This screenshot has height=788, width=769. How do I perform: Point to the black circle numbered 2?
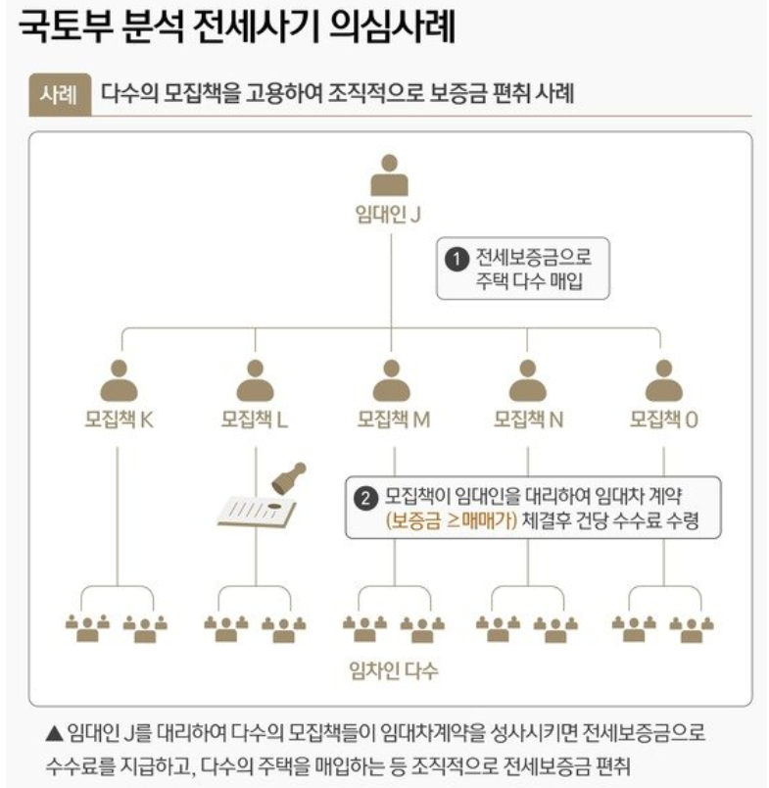(365, 498)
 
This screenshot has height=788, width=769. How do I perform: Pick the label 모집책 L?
(255, 419)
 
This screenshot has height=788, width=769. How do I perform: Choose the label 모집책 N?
(528, 419)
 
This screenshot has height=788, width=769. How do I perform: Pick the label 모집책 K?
(119, 419)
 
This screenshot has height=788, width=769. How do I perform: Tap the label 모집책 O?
(664, 419)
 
